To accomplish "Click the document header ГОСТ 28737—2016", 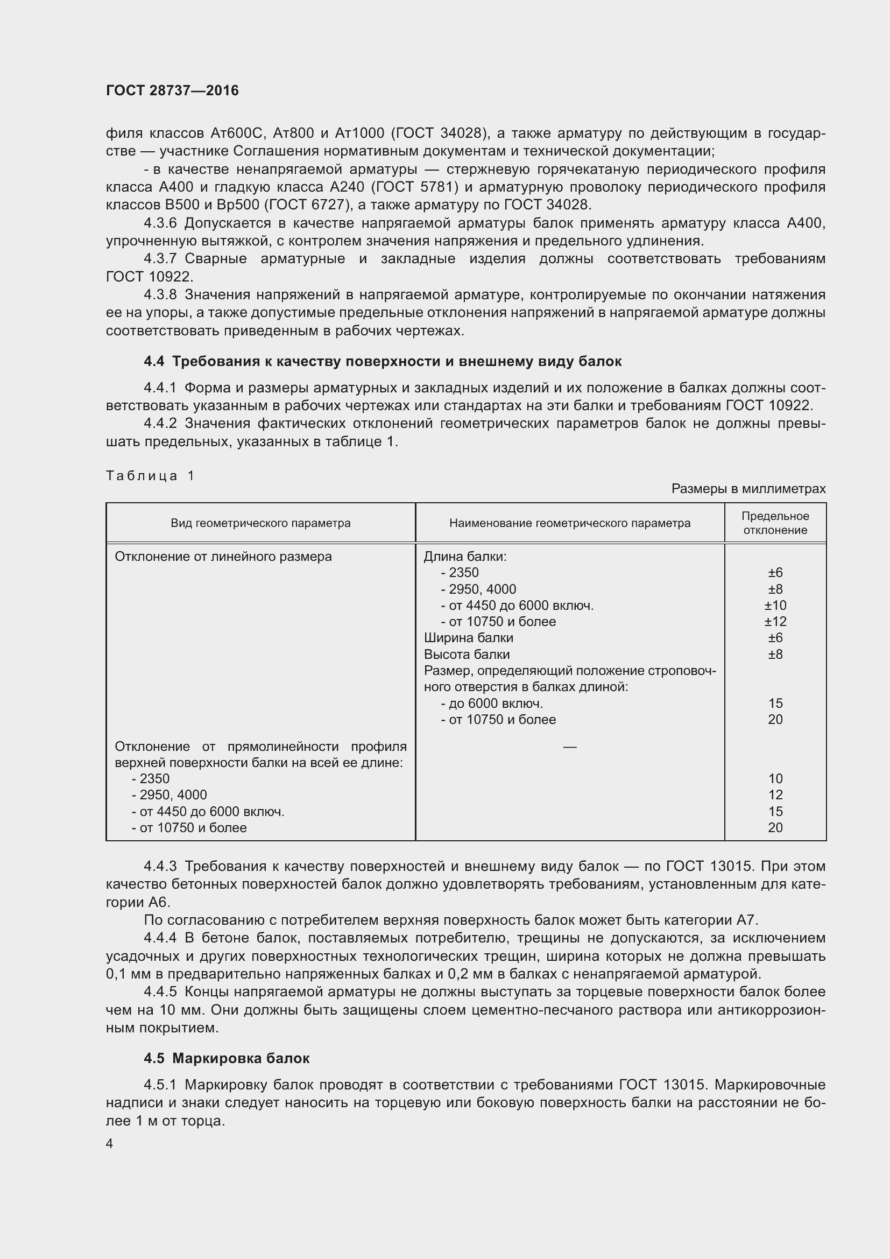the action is pos(172,90).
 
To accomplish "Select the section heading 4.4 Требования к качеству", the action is pos(383,361).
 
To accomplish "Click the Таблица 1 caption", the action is pos(150,475).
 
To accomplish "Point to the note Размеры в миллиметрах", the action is pos(748,489).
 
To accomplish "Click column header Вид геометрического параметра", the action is pos(260,523).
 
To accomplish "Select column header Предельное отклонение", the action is pos(775,523).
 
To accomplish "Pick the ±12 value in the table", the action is pos(775,622).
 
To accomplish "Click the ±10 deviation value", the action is pos(775,606).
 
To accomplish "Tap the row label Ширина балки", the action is pos(469,638).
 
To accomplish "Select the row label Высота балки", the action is pos(467,654).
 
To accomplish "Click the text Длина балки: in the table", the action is pos(465,557).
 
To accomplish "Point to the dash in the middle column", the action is pos(569,747).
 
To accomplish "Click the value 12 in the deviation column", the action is pos(775,795).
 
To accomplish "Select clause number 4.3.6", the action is pos(160,223).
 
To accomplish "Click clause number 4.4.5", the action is pos(160,992).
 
